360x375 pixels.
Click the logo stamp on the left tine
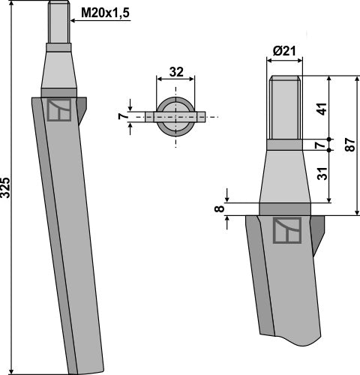click(x=57, y=110)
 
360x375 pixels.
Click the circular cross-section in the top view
click(x=175, y=116)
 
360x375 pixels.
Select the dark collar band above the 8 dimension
click(x=284, y=209)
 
